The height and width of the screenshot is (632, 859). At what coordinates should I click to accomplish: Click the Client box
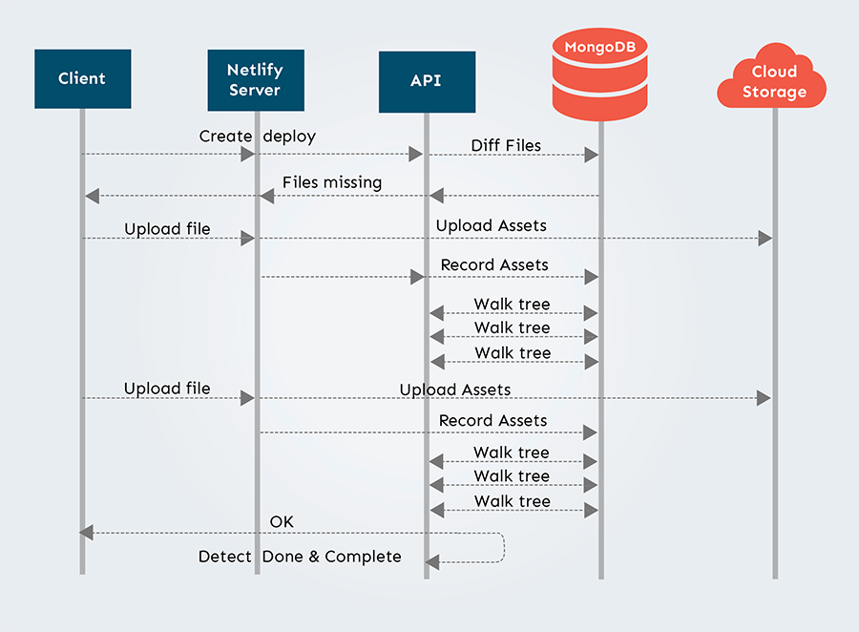tap(82, 78)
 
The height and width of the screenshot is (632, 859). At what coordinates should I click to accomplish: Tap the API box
tap(426, 80)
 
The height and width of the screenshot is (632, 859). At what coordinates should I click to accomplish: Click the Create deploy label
tap(257, 137)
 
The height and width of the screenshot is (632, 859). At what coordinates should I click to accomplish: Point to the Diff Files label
tap(506, 146)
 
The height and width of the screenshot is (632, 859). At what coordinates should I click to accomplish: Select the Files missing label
tap(331, 182)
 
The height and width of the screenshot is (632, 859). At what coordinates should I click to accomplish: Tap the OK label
tap(282, 521)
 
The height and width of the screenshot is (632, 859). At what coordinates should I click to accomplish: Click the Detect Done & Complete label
tap(300, 557)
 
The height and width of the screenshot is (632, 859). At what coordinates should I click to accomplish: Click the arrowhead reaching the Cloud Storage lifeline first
tap(765, 238)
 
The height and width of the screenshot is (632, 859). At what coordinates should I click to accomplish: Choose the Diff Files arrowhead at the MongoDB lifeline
tap(592, 154)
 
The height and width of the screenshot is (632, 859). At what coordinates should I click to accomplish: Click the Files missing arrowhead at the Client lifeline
tap(92, 196)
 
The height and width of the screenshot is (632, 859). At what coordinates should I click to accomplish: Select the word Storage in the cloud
tap(774, 93)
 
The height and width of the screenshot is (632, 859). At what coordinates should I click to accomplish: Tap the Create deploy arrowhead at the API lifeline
tap(416, 154)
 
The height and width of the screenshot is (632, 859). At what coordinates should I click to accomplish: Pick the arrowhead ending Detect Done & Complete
tap(432, 560)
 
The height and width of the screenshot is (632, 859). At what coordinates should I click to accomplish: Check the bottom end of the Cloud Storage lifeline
tap(774, 576)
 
